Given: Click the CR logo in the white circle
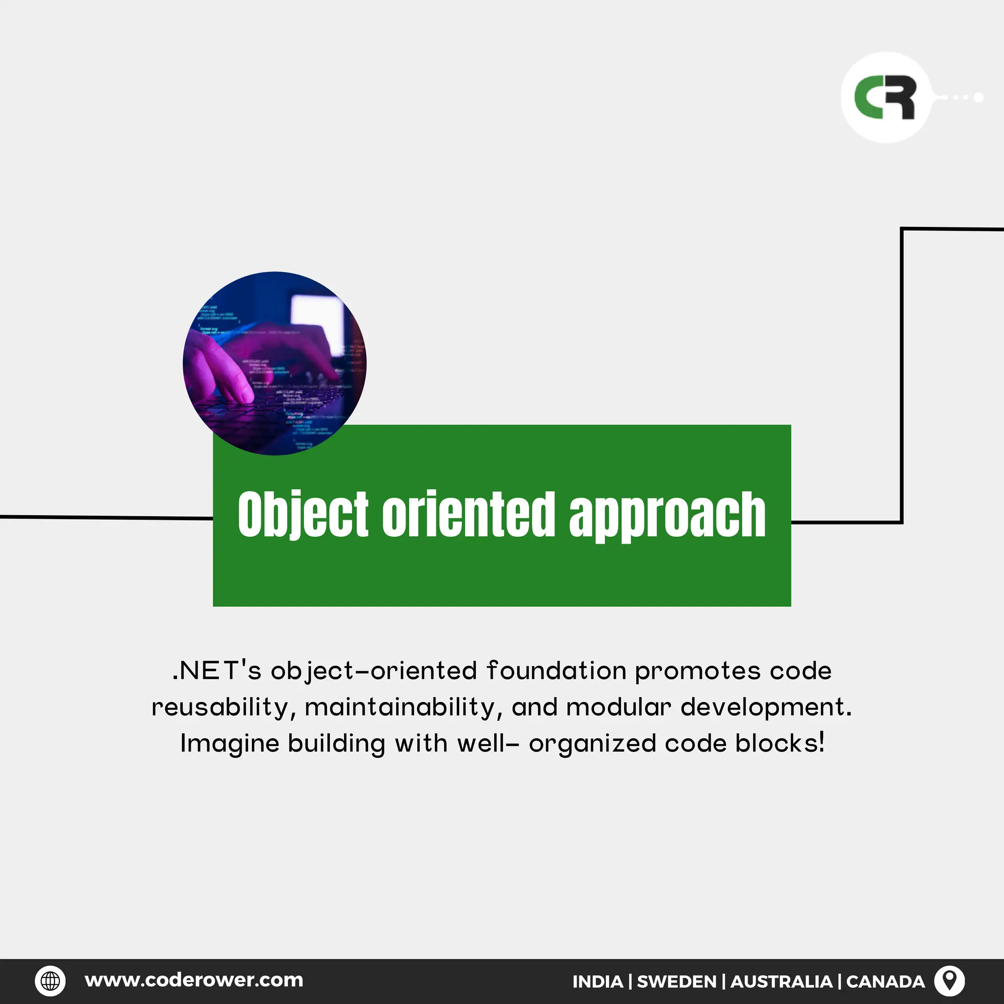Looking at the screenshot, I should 885,98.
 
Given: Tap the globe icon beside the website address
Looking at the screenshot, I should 50,980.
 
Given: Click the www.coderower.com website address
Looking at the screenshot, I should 194,980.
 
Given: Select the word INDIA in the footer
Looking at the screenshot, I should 597,981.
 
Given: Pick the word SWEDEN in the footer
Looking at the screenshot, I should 676,981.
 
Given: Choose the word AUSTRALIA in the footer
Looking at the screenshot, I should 781,981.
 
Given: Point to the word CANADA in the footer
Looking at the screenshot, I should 885,981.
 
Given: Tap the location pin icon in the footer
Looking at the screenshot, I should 950,980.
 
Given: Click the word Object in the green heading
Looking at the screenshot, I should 303,514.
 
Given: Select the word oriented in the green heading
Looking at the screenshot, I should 469,514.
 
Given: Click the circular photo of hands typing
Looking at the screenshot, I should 275,363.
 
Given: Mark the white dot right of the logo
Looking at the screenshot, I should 978,97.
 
